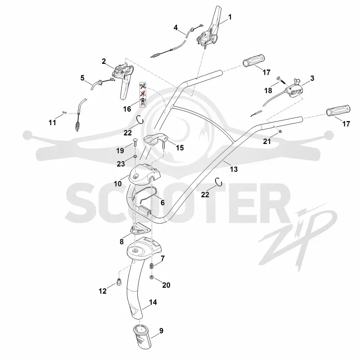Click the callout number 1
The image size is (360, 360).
(x=230, y=17)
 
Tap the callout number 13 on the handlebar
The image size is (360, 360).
(x=234, y=170)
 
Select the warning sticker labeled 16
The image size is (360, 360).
(x=143, y=95)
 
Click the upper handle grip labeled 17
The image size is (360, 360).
(x=254, y=60)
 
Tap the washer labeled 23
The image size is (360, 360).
(x=135, y=157)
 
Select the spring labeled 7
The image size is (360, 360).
(x=152, y=267)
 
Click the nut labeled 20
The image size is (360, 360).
(x=152, y=277)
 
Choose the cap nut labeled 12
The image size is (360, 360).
(x=119, y=282)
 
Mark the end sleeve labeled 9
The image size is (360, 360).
(x=142, y=337)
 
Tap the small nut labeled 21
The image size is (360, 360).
(x=280, y=131)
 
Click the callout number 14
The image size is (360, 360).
(x=153, y=302)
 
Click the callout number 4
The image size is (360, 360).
(x=175, y=28)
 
